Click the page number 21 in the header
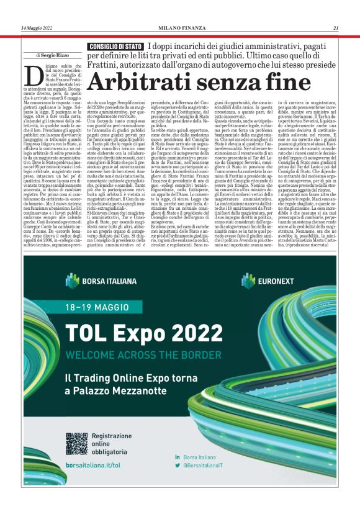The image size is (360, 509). [x=335, y=27]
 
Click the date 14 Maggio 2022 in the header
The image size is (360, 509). [x=38, y=27]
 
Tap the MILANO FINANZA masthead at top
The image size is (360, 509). [x=180, y=27]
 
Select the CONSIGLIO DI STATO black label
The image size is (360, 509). [x=115, y=47]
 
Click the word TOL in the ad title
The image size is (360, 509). [x=88, y=333]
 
